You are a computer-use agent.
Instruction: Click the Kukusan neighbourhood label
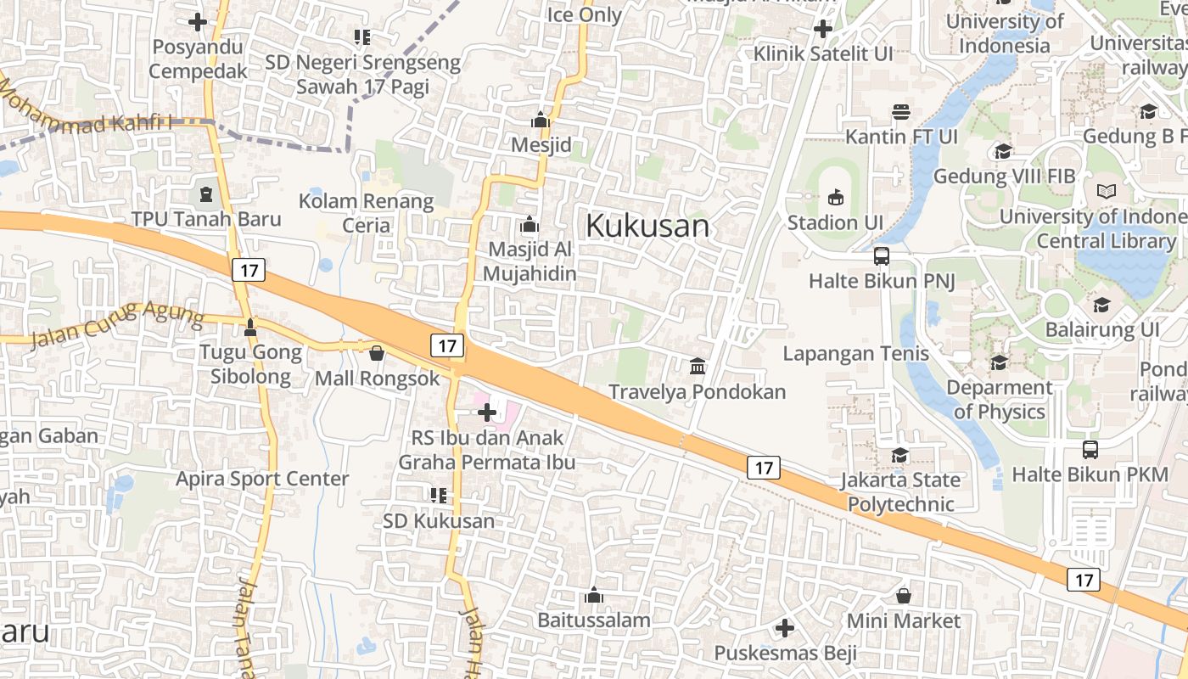click(x=647, y=226)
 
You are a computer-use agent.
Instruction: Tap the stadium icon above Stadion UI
click(x=836, y=197)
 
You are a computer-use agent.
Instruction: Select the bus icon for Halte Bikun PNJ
click(x=882, y=255)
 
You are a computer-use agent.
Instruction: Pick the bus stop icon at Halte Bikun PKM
click(x=1090, y=449)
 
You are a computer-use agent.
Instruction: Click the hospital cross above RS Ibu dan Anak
click(x=487, y=413)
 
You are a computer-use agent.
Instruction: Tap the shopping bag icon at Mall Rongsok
click(x=376, y=352)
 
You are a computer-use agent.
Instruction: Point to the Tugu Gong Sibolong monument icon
click(x=250, y=327)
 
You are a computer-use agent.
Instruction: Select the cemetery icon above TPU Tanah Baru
click(x=205, y=194)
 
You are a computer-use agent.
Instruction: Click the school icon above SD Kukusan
click(x=438, y=495)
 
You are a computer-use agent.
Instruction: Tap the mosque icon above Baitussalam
click(x=594, y=596)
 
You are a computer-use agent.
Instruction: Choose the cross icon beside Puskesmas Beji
click(x=785, y=628)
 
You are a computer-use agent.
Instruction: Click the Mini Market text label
click(x=904, y=620)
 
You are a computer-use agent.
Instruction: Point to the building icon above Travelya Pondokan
click(x=698, y=367)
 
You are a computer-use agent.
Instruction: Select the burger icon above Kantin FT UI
click(x=901, y=112)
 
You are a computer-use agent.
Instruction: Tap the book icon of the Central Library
click(x=1107, y=192)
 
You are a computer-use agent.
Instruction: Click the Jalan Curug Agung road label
click(x=117, y=325)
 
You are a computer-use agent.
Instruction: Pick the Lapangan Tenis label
click(x=855, y=353)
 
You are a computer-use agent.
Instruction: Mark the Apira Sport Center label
click(x=262, y=479)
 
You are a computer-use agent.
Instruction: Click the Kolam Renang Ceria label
click(x=367, y=213)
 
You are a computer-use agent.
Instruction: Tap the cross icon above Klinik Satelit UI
click(x=822, y=29)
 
